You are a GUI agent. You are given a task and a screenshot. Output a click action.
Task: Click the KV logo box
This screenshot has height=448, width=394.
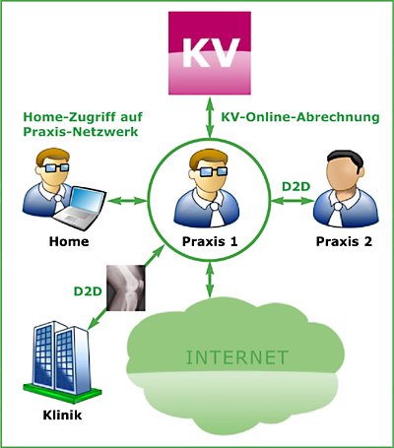(x=210, y=53)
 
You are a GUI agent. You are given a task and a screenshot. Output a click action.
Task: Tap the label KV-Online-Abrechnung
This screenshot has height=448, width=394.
(x=300, y=117)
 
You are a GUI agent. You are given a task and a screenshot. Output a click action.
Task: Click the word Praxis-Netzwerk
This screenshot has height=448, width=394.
(x=81, y=132)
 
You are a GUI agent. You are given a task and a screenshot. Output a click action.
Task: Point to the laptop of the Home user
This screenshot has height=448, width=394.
(x=80, y=208)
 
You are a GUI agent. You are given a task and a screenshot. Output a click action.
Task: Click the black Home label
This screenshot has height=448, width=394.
(x=69, y=241)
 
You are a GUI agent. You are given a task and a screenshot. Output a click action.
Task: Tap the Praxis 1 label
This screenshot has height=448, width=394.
(x=210, y=241)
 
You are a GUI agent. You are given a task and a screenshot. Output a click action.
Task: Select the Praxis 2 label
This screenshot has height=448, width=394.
(x=344, y=241)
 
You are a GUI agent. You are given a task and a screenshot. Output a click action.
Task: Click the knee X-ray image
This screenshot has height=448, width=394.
(x=126, y=288)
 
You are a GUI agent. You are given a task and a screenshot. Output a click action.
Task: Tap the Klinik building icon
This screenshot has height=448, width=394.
(x=62, y=361)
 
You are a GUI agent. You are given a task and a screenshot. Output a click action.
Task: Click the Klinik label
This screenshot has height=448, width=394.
(x=62, y=416)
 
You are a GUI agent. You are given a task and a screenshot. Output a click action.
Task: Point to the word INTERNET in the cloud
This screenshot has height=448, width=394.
(x=237, y=357)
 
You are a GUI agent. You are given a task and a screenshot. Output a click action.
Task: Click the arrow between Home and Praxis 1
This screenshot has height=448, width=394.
(x=127, y=200)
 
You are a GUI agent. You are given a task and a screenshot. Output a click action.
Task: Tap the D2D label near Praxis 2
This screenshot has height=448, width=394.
(x=296, y=186)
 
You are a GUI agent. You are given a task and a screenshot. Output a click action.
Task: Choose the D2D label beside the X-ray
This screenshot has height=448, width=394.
(x=88, y=291)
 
